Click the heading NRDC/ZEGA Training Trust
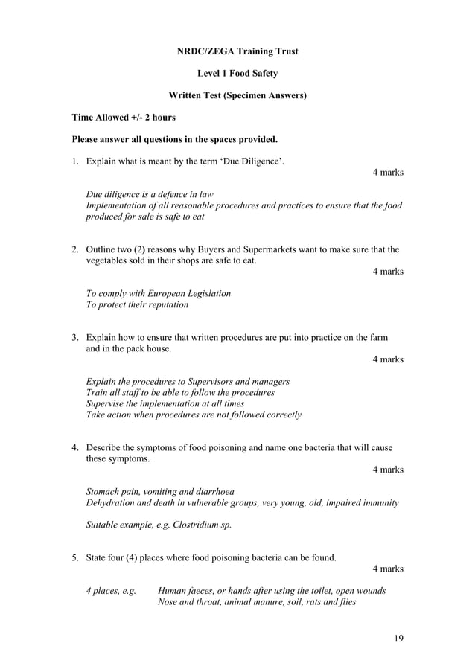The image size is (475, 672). pyautogui.click(x=238, y=51)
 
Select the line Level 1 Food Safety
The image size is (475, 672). pyautogui.click(x=238, y=74)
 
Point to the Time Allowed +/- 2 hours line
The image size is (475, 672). pyautogui.click(x=124, y=118)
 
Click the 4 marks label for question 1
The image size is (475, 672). pyautogui.click(x=388, y=173)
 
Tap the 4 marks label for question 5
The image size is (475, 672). pyautogui.click(x=388, y=569)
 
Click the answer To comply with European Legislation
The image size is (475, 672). pyautogui.click(x=159, y=293)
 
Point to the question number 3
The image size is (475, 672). pyautogui.click(x=75, y=337)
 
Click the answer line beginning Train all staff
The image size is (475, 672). pyautogui.click(x=180, y=392)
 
